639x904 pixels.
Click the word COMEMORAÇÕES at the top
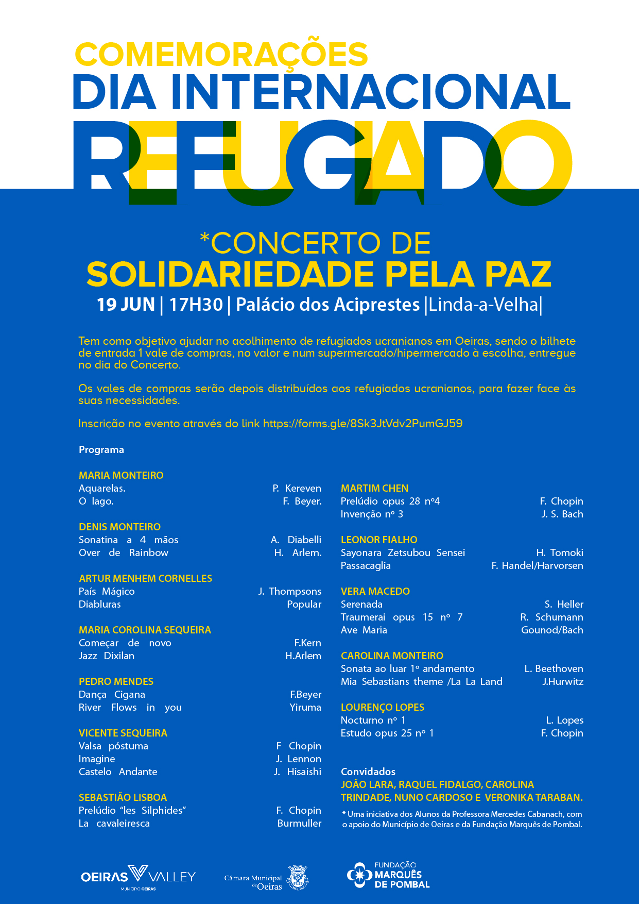pyautogui.click(x=221, y=55)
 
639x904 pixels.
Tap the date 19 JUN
pyautogui.click(x=126, y=305)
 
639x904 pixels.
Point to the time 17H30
pyautogui.click(x=196, y=305)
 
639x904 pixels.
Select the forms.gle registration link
pyautogui.click(x=362, y=424)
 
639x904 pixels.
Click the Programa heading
pyautogui.click(x=101, y=450)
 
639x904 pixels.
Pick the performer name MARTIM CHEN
pyautogui.click(x=374, y=488)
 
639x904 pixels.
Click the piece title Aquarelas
pyautogui.click(x=102, y=488)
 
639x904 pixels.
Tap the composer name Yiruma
pyautogui.click(x=305, y=707)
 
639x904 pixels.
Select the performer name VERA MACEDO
pyautogui.click(x=375, y=591)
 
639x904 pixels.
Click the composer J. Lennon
pyautogui.click(x=298, y=759)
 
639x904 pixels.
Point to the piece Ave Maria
pyautogui.click(x=364, y=630)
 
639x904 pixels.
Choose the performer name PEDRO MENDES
pyautogui.click(x=116, y=681)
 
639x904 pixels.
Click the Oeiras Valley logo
pyautogui.click(x=138, y=877)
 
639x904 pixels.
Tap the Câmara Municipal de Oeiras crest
pyautogui.click(x=298, y=877)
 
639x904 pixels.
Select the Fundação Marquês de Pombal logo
pyautogui.click(x=388, y=875)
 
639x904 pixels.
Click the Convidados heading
pyautogui.click(x=368, y=772)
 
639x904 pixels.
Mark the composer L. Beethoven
pyautogui.click(x=554, y=668)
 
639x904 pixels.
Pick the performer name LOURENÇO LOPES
pyautogui.click(x=383, y=707)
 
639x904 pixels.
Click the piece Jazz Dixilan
pyautogui.click(x=107, y=656)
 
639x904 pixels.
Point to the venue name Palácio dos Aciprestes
pyautogui.click(x=327, y=305)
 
